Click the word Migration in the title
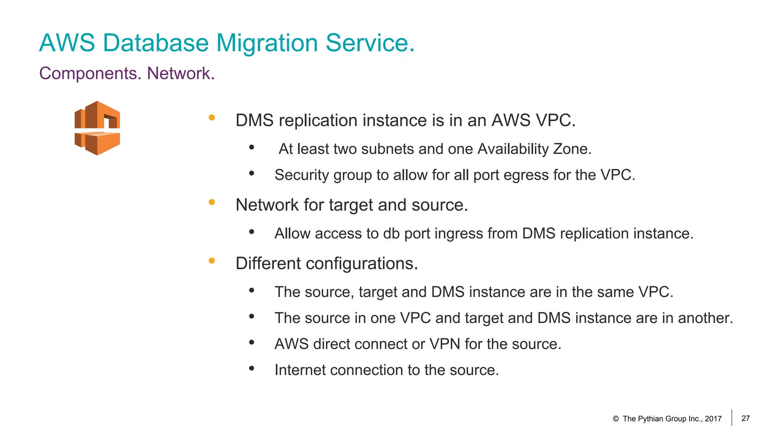pos(267,43)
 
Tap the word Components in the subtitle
pos(90,73)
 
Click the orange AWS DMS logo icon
pos(97,128)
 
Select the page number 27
pos(746,418)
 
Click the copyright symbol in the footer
pos(616,419)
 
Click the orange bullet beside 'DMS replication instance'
pos(212,118)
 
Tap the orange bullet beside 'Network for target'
pos(212,202)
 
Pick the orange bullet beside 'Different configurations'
pos(212,261)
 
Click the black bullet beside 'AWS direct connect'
pos(252,342)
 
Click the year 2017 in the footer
pos(713,419)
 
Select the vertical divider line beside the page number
pos(732,418)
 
